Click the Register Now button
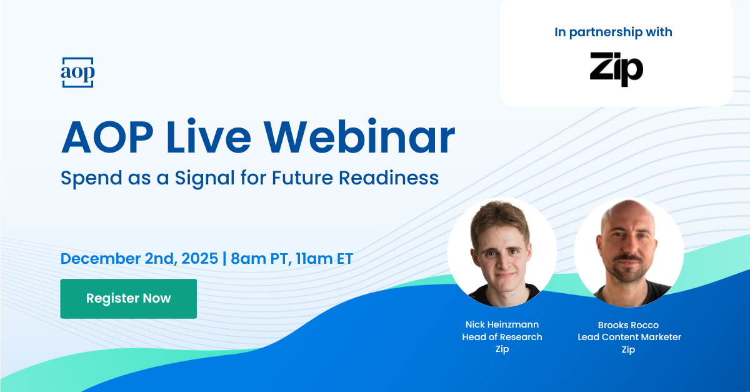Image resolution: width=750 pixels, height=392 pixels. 128,299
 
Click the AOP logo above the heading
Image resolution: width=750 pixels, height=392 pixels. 77,73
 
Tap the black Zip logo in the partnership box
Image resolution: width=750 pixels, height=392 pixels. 616,68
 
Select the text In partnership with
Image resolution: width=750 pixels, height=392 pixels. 613,32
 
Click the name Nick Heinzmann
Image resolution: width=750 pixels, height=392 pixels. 502,324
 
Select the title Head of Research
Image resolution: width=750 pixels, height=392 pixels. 502,337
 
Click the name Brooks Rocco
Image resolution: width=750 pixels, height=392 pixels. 629,324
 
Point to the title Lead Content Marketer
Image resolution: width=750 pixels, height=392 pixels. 629,337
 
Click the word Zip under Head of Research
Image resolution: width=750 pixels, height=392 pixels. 502,349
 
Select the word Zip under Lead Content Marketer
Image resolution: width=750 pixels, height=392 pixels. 629,349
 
